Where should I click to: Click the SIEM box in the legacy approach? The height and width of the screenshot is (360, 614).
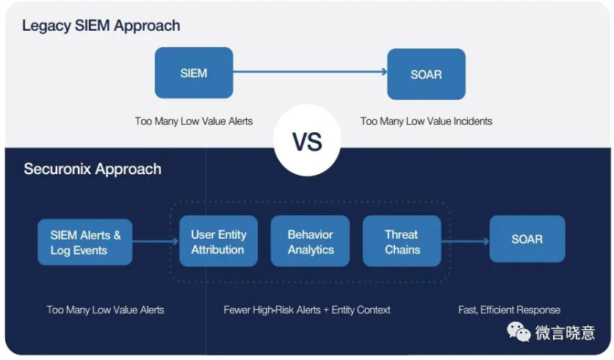point(194,73)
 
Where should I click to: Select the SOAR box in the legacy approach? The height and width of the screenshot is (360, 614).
point(427,74)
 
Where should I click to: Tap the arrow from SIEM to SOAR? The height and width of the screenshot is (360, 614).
point(310,72)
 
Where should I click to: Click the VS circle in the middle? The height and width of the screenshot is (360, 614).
point(307,140)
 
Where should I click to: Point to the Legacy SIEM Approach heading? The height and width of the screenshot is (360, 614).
point(101,26)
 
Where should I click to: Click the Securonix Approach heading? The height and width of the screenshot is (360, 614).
point(93,169)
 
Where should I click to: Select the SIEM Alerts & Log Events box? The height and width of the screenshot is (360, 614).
point(85,242)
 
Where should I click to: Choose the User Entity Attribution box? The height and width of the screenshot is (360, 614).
point(219,241)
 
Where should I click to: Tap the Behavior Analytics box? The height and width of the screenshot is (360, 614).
point(310,241)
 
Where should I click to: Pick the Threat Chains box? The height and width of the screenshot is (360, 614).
point(402,241)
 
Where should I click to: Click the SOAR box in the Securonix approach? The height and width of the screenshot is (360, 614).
point(527,239)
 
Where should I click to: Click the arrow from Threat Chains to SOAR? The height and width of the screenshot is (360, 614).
point(465,241)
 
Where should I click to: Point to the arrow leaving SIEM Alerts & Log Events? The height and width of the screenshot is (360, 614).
point(156,241)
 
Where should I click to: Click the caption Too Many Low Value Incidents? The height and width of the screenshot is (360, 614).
point(426,121)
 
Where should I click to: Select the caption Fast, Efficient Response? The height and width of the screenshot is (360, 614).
point(509,310)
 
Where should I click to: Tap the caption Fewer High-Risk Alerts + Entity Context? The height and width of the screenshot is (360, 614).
point(307,310)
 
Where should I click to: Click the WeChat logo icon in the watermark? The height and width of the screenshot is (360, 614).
point(519,332)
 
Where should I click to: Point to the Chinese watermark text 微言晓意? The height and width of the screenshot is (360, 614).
point(565,333)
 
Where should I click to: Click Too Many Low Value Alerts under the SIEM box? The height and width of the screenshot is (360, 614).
point(194,121)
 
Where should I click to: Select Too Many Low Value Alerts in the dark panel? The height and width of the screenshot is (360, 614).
point(105,310)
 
